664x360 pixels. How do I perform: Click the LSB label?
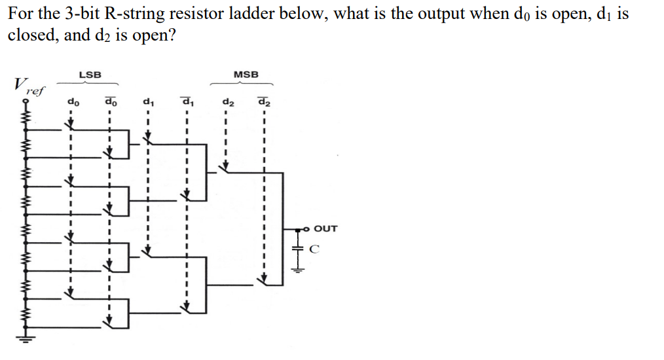(x=90, y=75)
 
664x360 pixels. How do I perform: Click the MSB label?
(x=246, y=75)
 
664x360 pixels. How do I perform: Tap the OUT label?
(x=325, y=228)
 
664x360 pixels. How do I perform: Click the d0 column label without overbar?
(x=72, y=102)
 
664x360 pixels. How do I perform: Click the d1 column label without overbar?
(x=149, y=102)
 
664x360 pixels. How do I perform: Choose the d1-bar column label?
(x=187, y=101)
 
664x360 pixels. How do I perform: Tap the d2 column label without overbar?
(x=227, y=102)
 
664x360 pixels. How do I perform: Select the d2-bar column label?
(x=264, y=101)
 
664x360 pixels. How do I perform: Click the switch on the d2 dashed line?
(x=225, y=168)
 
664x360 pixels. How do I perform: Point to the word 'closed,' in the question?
(x=32, y=35)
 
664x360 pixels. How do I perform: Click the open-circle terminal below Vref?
(x=28, y=103)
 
